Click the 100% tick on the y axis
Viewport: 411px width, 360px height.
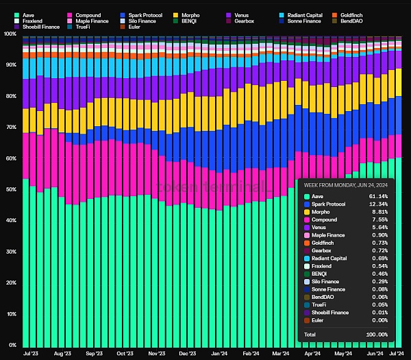tap(10, 34)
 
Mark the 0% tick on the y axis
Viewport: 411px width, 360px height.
tap(12, 345)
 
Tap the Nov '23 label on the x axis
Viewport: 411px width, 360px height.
tap(156, 354)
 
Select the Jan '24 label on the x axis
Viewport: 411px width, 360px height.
tap(220, 354)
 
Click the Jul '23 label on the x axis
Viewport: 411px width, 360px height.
tap(30, 354)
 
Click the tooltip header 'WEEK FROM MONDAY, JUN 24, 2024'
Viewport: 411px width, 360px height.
tap(345, 184)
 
